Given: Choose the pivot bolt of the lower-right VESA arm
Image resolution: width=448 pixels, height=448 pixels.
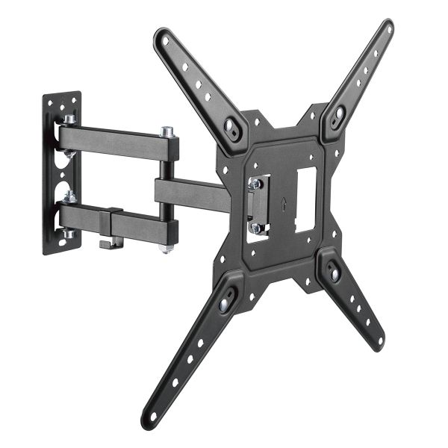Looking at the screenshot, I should coord(334,273).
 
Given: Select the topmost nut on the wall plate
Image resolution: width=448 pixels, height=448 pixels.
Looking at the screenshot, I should coord(69,119).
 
